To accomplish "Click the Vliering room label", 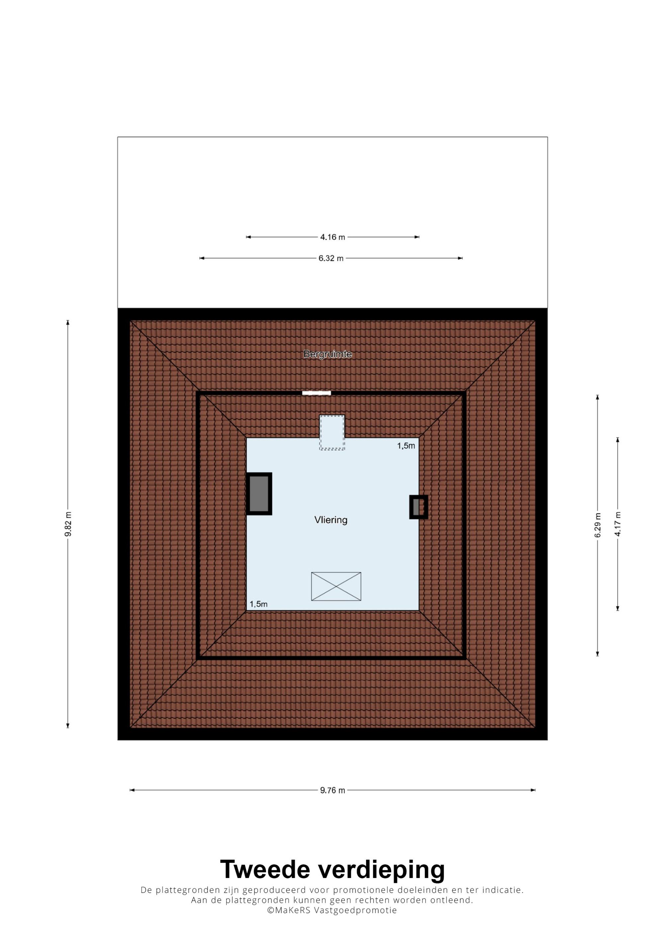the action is pyautogui.click(x=331, y=520).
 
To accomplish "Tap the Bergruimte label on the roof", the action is pyautogui.click(x=327, y=354).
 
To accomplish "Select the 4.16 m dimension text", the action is pyautogui.click(x=332, y=237).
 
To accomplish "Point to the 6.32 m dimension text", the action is pyautogui.click(x=331, y=258).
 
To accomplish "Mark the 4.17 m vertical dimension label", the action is pyautogui.click(x=618, y=524).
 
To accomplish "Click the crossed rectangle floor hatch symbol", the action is pyautogui.click(x=336, y=587).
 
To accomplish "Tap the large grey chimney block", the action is pyautogui.click(x=259, y=494).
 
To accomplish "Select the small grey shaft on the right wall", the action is pyautogui.click(x=419, y=507).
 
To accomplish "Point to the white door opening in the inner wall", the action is pyautogui.click(x=316, y=393).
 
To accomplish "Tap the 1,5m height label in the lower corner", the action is pyautogui.click(x=259, y=604).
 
